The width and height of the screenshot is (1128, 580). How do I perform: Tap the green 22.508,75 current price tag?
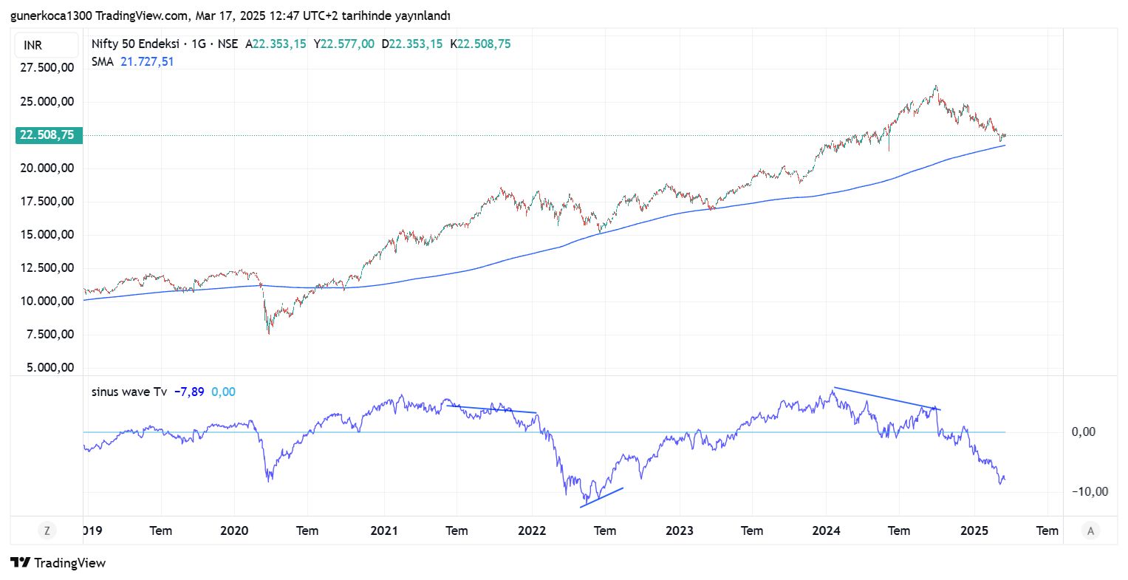point(47,135)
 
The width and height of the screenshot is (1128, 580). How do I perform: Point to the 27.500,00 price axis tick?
point(47,68)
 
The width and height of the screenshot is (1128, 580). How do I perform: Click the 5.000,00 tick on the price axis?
point(47,368)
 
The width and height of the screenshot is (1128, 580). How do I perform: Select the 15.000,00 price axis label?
point(47,235)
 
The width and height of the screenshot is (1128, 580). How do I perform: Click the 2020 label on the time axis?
point(234,530)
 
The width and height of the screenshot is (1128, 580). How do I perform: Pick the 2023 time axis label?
point(680,530)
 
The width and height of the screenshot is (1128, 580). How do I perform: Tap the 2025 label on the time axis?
point(974,530)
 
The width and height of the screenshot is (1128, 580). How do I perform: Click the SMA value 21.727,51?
point(147,62)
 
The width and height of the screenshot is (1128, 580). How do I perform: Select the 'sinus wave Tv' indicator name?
point(129,392)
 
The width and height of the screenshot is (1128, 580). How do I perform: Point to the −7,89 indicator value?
point(189,392)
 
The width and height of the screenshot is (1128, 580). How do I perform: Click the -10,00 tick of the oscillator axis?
point(1090,492)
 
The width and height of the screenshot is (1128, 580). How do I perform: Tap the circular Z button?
point(47,530)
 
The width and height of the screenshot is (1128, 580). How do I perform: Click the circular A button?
point(1090,530)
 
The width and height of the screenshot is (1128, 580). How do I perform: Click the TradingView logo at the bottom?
point(58,563)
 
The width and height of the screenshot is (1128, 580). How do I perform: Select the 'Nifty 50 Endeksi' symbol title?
point(135,44)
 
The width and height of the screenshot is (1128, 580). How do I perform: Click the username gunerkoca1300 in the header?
point(51,16)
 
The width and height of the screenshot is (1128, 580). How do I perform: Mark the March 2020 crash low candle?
point(269,333)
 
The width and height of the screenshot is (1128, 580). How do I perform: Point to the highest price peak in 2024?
point(936,86)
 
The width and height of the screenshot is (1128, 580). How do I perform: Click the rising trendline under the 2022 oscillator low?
point(602,497)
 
